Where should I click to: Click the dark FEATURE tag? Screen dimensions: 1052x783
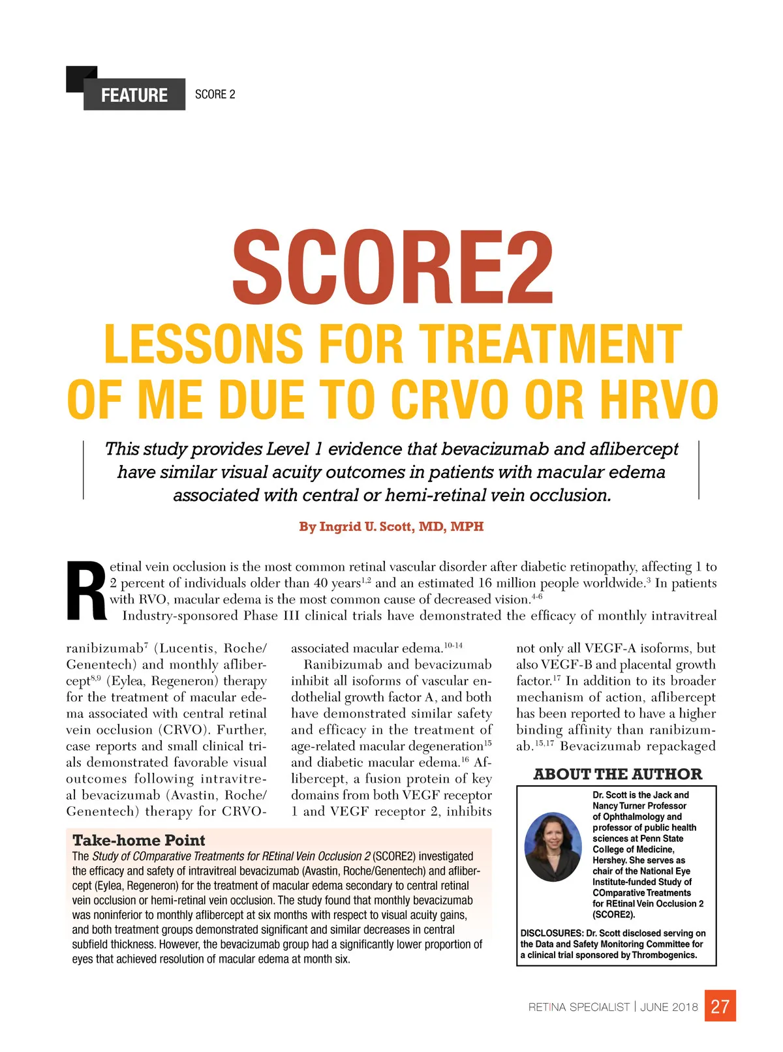(134, 95)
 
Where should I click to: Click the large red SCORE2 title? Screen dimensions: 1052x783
(392, 268)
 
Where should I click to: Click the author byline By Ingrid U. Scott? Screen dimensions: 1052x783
(391, 526)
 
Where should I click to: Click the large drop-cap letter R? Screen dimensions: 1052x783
(85, 592)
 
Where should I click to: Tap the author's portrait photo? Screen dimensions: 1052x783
(553, 847)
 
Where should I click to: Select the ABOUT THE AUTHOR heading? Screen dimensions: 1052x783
(617, 774)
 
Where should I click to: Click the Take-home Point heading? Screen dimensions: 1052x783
(138, 840)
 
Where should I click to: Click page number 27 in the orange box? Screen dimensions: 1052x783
(720, 1006)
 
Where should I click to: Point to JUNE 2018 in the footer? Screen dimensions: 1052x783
(669, 1007)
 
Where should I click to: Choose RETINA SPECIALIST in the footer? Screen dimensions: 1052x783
(579, 1007)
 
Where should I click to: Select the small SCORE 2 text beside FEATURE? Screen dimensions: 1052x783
(215, 95)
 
